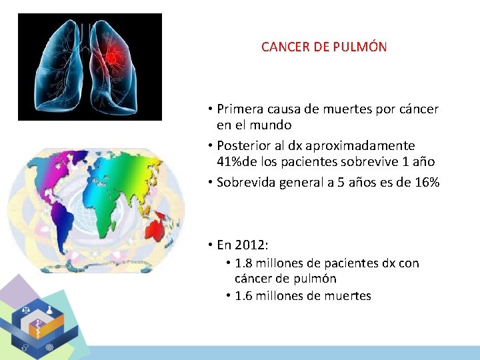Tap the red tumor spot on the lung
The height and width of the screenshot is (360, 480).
(114, 55)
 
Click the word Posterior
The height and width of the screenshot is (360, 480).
(243, 145)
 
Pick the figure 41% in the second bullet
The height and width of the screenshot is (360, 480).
(231, 161)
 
